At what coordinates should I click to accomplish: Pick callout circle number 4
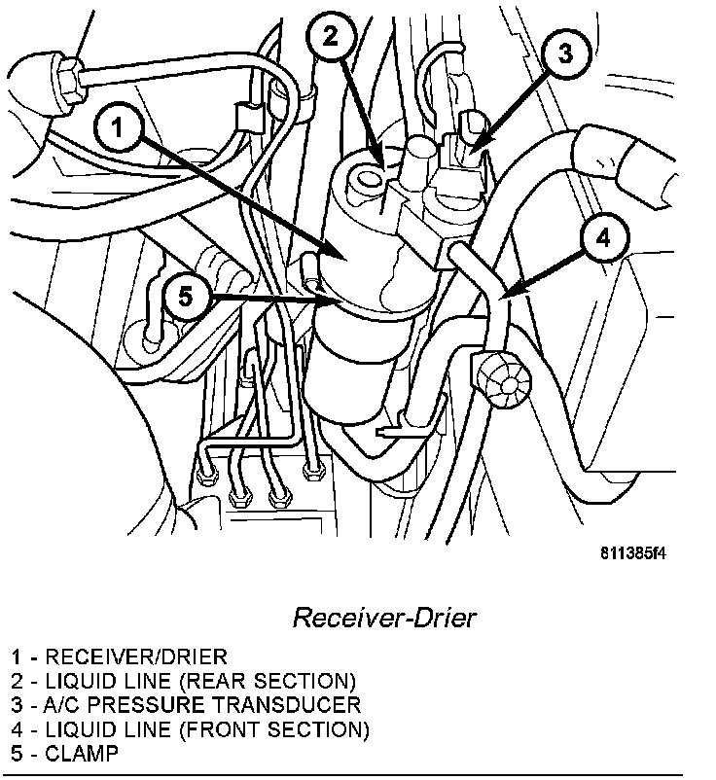(x=602, y=236)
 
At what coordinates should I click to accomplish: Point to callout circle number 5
(x=184, y=295)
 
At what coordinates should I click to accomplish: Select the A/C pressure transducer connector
(x=464, y=147)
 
